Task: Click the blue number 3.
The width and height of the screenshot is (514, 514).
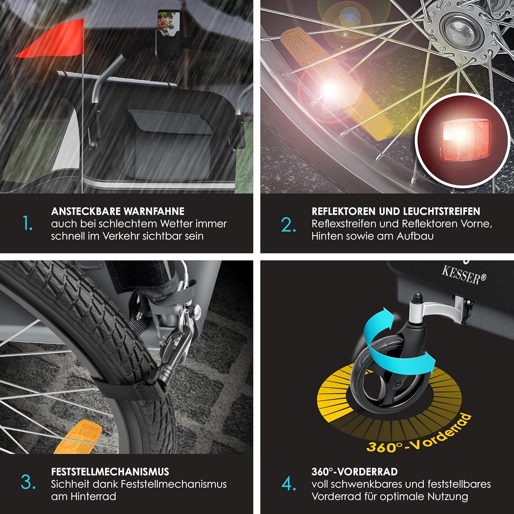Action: (28, 482)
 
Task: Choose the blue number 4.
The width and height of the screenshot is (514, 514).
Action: (289, 484)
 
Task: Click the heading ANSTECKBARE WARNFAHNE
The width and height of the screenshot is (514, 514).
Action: (118, 211)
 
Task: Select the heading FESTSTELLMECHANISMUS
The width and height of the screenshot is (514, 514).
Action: (110, 472)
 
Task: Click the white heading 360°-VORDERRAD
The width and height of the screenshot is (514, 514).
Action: (354, 472)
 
